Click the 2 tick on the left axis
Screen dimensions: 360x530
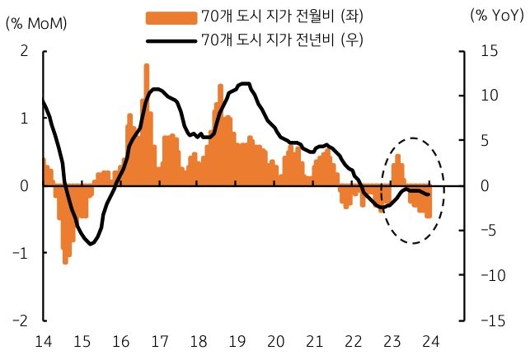(x=24, y=51)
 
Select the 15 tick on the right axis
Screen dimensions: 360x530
(x=477, y=51)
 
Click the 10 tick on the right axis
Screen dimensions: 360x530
(x=477, y=96)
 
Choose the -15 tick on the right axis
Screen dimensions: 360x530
(x=479, y=320)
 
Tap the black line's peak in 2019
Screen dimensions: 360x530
(x=245, y=83)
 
